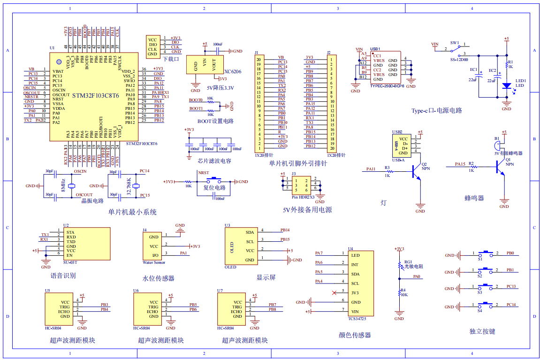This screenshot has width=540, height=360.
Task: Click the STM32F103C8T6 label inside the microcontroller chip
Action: (96, 96)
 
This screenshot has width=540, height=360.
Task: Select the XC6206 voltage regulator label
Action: (233, 71)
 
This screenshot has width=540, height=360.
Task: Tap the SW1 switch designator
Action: (455, 43)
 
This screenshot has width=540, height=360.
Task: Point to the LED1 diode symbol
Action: (506, 86)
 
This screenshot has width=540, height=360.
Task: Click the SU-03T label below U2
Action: (70, 262)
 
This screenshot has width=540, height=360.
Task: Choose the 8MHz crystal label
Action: (63, 186)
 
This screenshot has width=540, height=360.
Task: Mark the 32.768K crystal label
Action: (129, 186)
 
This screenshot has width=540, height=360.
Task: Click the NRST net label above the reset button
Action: (204, 173)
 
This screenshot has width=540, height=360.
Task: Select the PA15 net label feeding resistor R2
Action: (460, 164)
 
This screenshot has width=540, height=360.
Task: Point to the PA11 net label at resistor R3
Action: (371, 169)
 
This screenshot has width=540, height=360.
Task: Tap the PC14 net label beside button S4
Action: (511, 305)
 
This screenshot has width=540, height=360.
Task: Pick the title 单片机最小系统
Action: (132, 212)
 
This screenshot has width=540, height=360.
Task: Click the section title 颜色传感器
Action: (355, 335)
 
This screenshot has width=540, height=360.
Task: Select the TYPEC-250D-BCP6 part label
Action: (387, 86)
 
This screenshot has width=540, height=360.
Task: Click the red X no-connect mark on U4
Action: (334, 293)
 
